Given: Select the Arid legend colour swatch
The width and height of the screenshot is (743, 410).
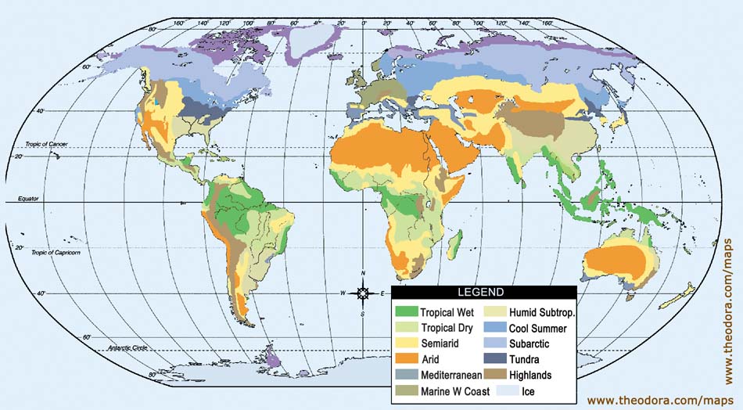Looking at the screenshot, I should pos(407,359).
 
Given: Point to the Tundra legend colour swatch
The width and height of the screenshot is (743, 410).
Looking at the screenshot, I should pos(494,359).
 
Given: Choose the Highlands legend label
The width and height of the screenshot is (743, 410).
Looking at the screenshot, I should pos(530,375).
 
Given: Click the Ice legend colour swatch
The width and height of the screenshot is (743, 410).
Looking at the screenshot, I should pos(494,390).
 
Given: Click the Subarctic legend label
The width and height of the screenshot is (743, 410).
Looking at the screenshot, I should pos(529,343).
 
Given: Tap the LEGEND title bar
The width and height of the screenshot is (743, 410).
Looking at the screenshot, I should pos(485,293).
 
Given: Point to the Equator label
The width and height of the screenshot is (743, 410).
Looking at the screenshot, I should pos(28,200).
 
